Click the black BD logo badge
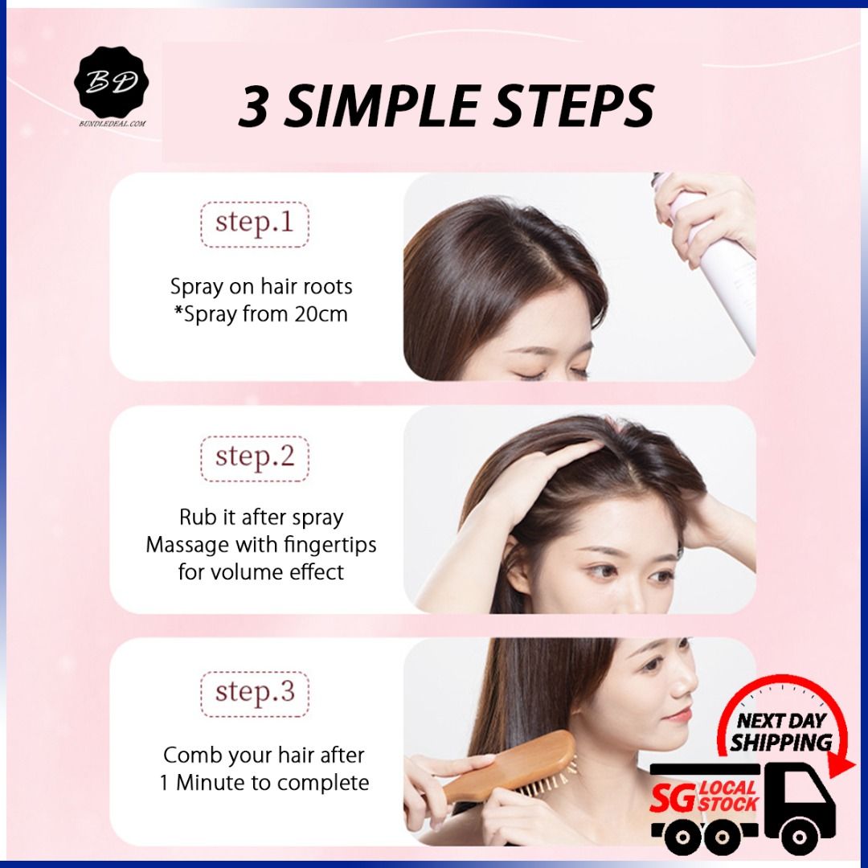click(111, 83)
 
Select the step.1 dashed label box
click(255, 224)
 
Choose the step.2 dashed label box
click(255, 458)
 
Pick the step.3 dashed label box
click(255, 694)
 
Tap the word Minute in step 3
click(211, 783)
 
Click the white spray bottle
click(714, 260)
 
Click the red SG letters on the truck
click(673, 798)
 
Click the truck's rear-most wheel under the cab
click(799, 836)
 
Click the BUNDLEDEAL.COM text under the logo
click(113, 124)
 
